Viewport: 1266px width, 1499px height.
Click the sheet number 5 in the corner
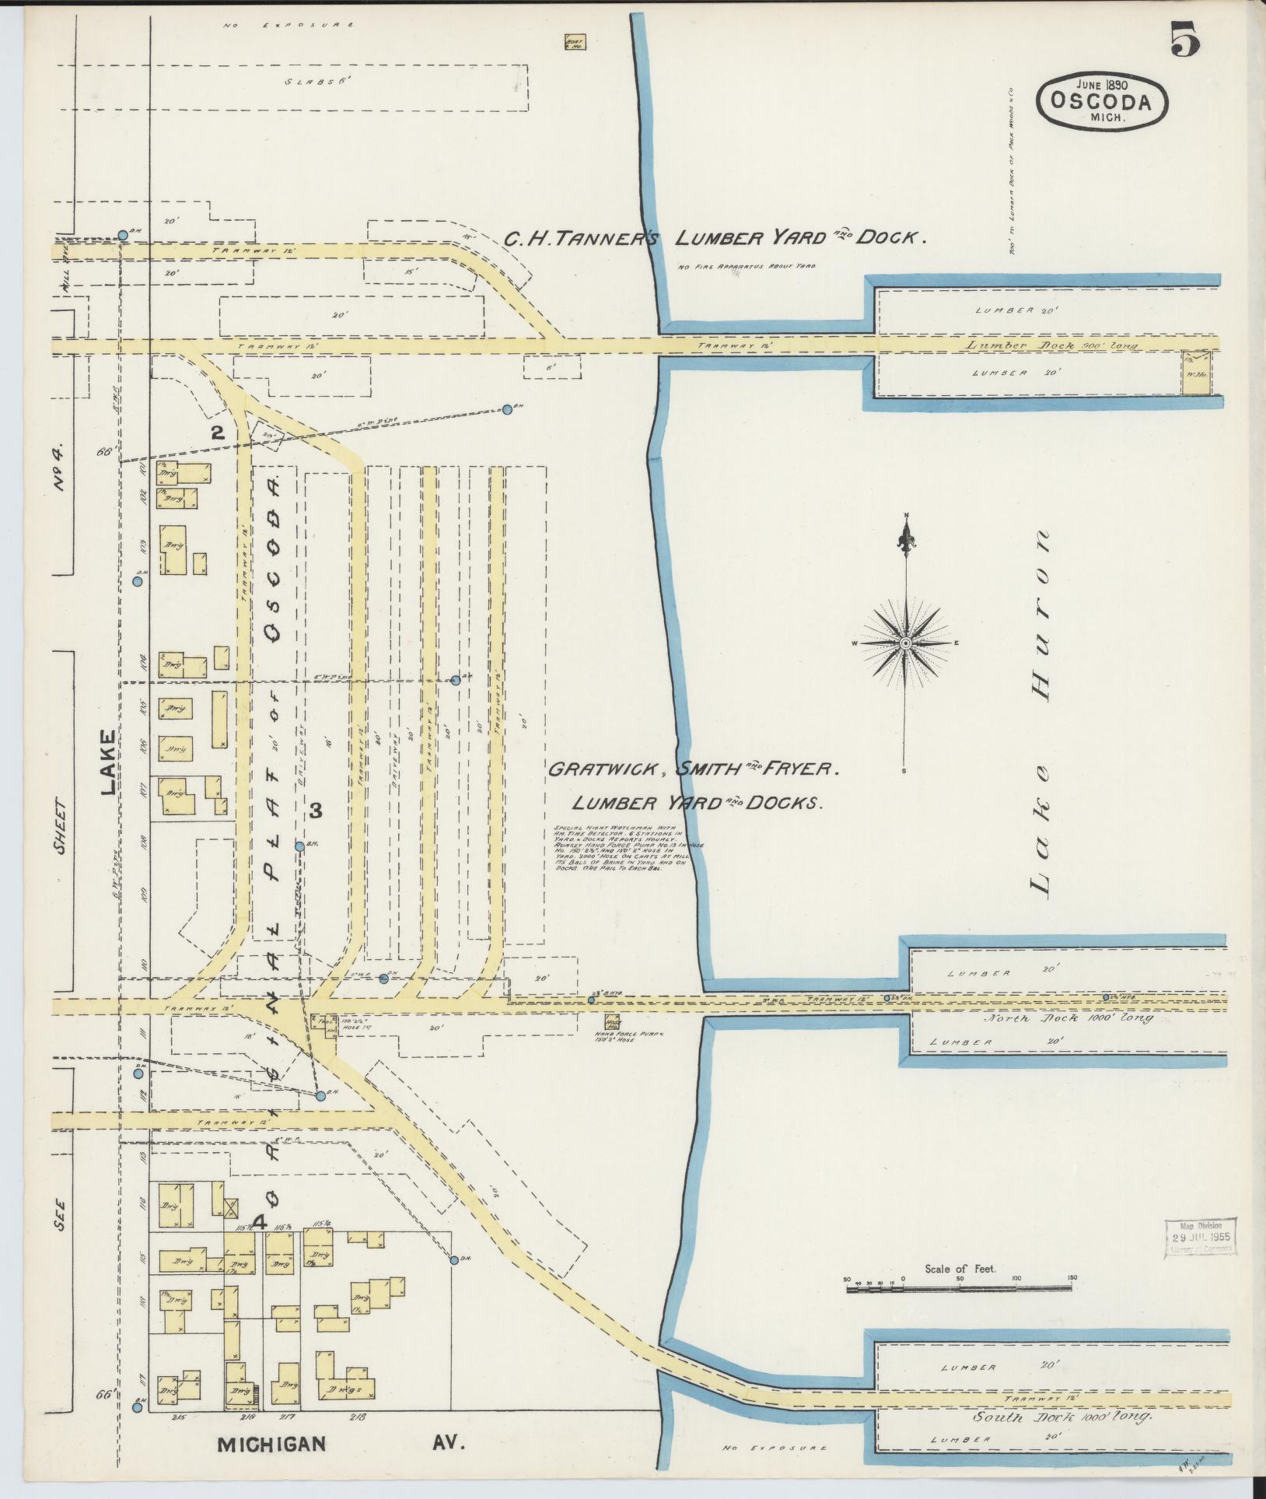pyautogui.click(x=1184, y=40)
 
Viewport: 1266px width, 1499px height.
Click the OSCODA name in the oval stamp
pyautogui.click(x=1100, y=100)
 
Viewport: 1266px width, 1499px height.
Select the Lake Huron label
pyautogui.click(x=1040, y=713)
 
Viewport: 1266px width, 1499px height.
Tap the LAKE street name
pyautogui.click(x=106, y=762)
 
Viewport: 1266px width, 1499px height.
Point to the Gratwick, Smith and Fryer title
pyautogui.click(x=692, y=770)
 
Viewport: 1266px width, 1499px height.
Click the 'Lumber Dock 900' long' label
pyautogui.click(x=1052, y=345)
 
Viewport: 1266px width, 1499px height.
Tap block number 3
pyautogui.click(x=316, y=811)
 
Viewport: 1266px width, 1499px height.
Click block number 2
pyautogui.click(x=219, y=432)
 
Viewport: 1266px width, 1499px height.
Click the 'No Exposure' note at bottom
pyautogui.click(x=774, y=1448)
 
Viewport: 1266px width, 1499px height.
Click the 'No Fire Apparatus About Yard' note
pyautogui.click(x=747, y=267)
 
